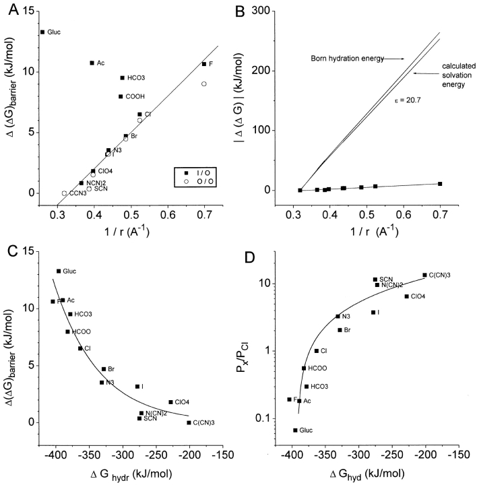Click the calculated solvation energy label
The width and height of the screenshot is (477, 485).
(443, 79)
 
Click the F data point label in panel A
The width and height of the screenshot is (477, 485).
(212, 64)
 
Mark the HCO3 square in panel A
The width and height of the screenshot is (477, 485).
(122, 77)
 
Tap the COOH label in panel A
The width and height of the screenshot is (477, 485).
(135, 96)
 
